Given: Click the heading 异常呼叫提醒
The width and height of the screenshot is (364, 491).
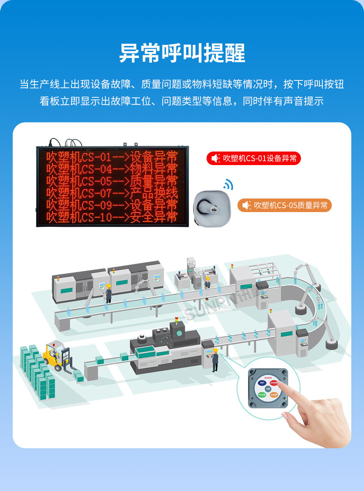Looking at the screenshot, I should [x=182, y=53].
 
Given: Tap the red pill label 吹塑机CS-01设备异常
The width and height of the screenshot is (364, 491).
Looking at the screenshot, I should [x=254, y=158].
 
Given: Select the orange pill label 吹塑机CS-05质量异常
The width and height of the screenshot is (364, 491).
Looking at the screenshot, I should [x=284, y=205].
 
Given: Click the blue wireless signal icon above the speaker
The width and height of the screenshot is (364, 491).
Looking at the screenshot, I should [x=229, y=184].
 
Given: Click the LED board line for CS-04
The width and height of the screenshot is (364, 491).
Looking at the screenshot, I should [x=112, y=169].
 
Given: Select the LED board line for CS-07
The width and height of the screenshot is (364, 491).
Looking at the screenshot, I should [x=112, y=193].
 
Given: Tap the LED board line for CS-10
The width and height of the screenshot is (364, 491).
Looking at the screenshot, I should [x=112, y=218].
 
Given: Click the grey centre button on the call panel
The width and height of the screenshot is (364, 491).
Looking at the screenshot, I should [x=268, y=389].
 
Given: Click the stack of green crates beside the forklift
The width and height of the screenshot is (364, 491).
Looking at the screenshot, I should [x=38, y=372].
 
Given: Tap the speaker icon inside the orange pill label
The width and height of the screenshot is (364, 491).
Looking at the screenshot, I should [x=246, y=205].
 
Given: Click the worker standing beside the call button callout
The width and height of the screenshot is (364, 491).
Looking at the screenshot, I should [x=215, y=360].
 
